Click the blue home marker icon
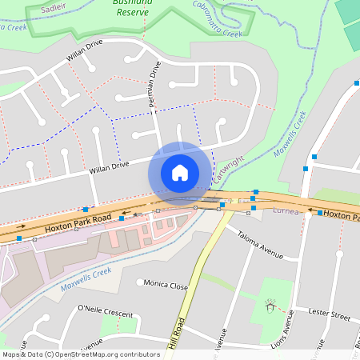click(x=180, y=173)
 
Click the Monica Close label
click(x=166, y=286)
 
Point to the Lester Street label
click(x=330, y=317)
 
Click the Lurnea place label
click(x=285, y=212)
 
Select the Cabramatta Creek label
click(x=217, y=21)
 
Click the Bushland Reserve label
click(x=133, y=7)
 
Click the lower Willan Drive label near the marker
click(x=110, y=166)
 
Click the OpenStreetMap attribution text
click(x=81, y=354)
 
